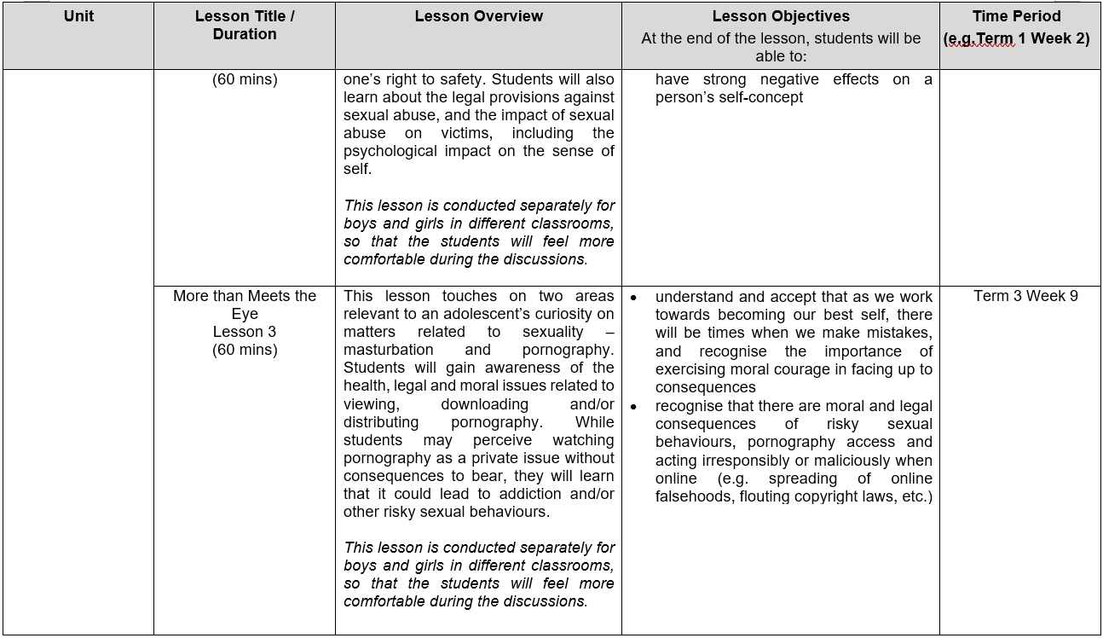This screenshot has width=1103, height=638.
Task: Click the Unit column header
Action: pyautogui.click(x=78, y=16)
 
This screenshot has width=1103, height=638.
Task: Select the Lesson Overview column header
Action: pyautogui.click(x=478, y=16)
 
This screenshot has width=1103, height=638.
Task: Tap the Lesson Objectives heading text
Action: pyautogui.click(x=781, y=16)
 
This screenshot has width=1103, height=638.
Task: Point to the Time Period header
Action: pyautogui.click(x=1016, y=16)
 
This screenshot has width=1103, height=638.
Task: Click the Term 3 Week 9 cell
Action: pyautogui.click(x=1025, y=296)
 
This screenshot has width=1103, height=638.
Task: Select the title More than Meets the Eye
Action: pyautogui.click(x=245, y=304)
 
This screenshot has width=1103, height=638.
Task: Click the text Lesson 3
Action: pyautogui.click(x=245, y=332)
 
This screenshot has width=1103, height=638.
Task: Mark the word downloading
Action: pyautogui.click(x=484, y=404)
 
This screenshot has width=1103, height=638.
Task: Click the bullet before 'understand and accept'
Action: pyautogui.click(x=633, y=298)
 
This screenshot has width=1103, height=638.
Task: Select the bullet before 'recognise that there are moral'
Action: pyautogui.click(x=633, y=407)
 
